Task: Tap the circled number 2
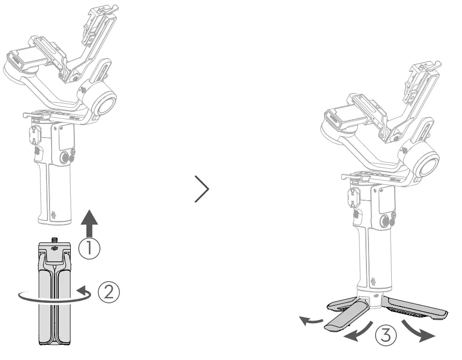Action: [110, 292]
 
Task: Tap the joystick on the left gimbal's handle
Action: [65, 158]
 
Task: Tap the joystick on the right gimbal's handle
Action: [385, 221]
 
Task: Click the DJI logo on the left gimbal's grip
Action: [54, 216]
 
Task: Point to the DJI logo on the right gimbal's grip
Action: [374, 280]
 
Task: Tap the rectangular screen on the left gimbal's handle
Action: [66, 136]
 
